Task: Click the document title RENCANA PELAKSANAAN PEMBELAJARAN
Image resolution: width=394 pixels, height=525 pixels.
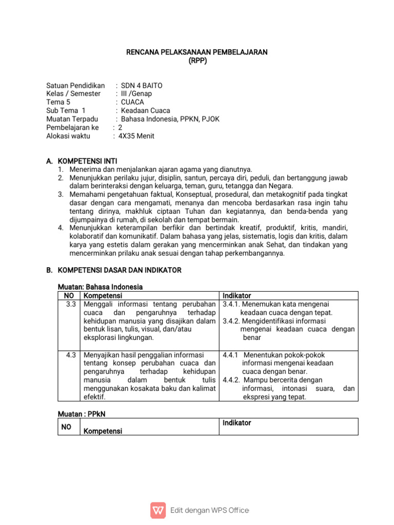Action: (197, 52)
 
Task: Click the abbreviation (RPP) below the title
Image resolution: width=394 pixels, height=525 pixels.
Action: (198, 60)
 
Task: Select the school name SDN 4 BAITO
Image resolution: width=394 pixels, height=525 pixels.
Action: (142, 86)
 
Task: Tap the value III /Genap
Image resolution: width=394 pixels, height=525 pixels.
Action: (136, 94)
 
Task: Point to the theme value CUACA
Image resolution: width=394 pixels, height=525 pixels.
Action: (132, 102)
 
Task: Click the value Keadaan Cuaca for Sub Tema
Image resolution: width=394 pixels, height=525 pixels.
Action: (145, 110)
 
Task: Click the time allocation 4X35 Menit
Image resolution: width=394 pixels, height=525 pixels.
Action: (136, 136)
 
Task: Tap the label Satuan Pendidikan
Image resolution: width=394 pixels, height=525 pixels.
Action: (75, 86)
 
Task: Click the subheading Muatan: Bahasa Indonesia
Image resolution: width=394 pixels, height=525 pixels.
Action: (100, 287)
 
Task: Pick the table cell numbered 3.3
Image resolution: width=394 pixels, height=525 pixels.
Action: (71, 304)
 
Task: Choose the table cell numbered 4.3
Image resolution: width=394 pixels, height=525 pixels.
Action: (71, 354)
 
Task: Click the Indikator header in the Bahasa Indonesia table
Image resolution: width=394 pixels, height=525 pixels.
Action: (237, 296)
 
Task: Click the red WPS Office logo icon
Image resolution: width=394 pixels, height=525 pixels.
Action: (158, 510)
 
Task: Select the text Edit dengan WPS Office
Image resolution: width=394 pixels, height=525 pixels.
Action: (209, 510)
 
